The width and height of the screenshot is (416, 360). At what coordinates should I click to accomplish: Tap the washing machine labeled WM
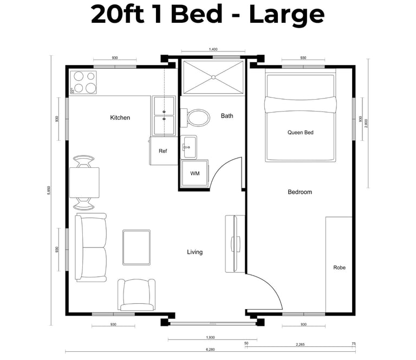pyautogui.click(x=195, y=173)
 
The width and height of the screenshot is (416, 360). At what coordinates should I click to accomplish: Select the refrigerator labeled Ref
pyautogui.click(x=163, y=151)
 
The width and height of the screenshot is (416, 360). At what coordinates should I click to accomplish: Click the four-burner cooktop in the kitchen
pyautogui.click(x=83, y=82)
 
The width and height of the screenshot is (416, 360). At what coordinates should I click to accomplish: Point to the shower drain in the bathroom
pyautogui.click(x=213, y=77)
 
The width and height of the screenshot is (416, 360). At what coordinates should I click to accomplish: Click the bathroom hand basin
pyautogui.click(x=189, y=147)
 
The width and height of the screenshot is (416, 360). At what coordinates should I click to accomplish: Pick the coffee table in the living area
pyautogui.click(x=136, y=247)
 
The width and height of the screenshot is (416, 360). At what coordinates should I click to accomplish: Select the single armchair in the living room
pyautogui.click(x=136, y=295)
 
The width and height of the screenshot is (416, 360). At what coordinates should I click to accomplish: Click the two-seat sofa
pyautogui.click(x=91, y=247)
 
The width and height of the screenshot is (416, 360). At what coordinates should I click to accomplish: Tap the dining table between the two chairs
pyautogui.click(x=84, y=182)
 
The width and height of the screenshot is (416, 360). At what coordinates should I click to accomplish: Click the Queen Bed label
pyautogui.click(x=300, y=132)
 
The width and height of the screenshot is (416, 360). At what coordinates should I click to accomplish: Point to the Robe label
pyautogui.click(x=339, y=267)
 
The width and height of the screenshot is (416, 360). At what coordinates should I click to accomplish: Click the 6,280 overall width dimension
pyautogui.click(x=210, y=349)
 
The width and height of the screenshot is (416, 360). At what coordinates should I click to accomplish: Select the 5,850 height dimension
pyautogui.click(x=49, y=191)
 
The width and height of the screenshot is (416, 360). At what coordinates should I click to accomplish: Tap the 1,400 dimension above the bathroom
pyautogui.click(x=213, y=49)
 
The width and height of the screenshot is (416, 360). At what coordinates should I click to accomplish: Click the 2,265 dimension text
pyautogui.click(x=300, y=345)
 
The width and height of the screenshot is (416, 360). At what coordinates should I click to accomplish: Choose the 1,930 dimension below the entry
pyautogui.click(x=210, y=337)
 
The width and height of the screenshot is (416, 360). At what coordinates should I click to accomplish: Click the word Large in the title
pyautogui.click(x=287, y=15)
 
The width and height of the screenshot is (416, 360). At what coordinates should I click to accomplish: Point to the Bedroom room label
pyautogui.click(x=300, y=192)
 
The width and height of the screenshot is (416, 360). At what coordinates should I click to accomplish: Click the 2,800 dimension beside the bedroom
pyautogui.click(x=366, y=123)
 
